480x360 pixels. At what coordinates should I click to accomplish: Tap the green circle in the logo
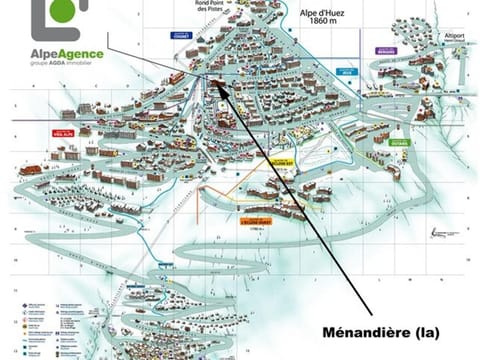(66, 19)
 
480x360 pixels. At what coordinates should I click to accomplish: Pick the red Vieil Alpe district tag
(50, 131)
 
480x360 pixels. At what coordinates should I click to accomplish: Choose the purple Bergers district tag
(386, 50)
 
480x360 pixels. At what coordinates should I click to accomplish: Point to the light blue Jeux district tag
(348, 72)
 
